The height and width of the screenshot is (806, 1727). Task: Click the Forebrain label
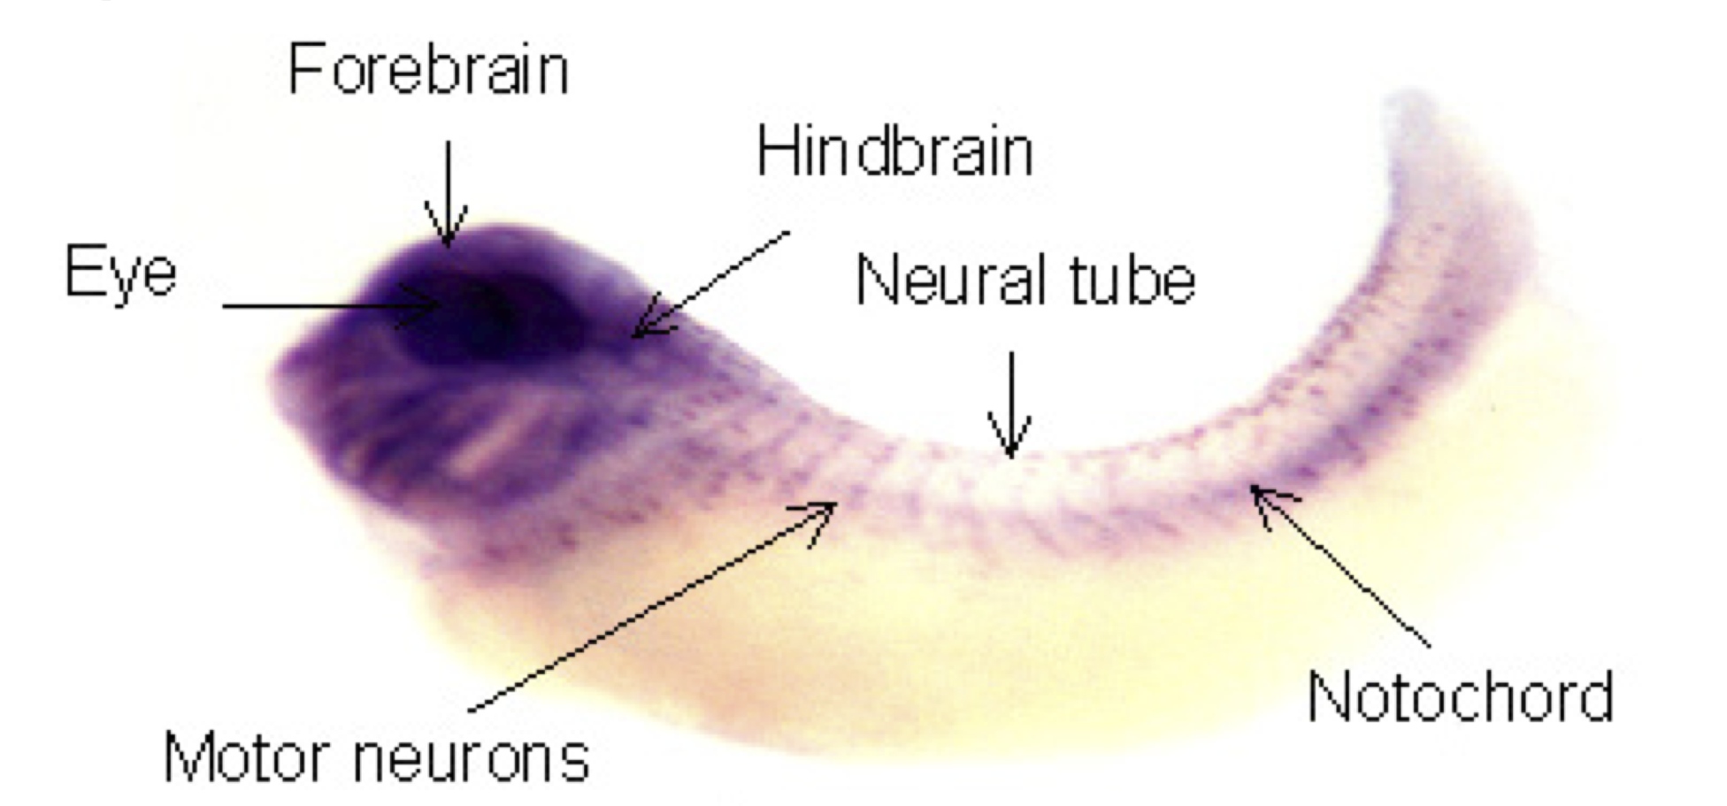click(428, 70)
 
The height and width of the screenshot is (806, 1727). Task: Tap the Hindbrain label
click(894, 152)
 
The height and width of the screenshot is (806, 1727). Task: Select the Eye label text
click(121, 273)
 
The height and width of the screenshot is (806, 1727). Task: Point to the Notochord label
click(1461, 696)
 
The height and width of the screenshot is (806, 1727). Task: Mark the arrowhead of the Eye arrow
click(434, 306)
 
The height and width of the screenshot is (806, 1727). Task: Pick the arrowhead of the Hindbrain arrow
click(641, 332)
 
